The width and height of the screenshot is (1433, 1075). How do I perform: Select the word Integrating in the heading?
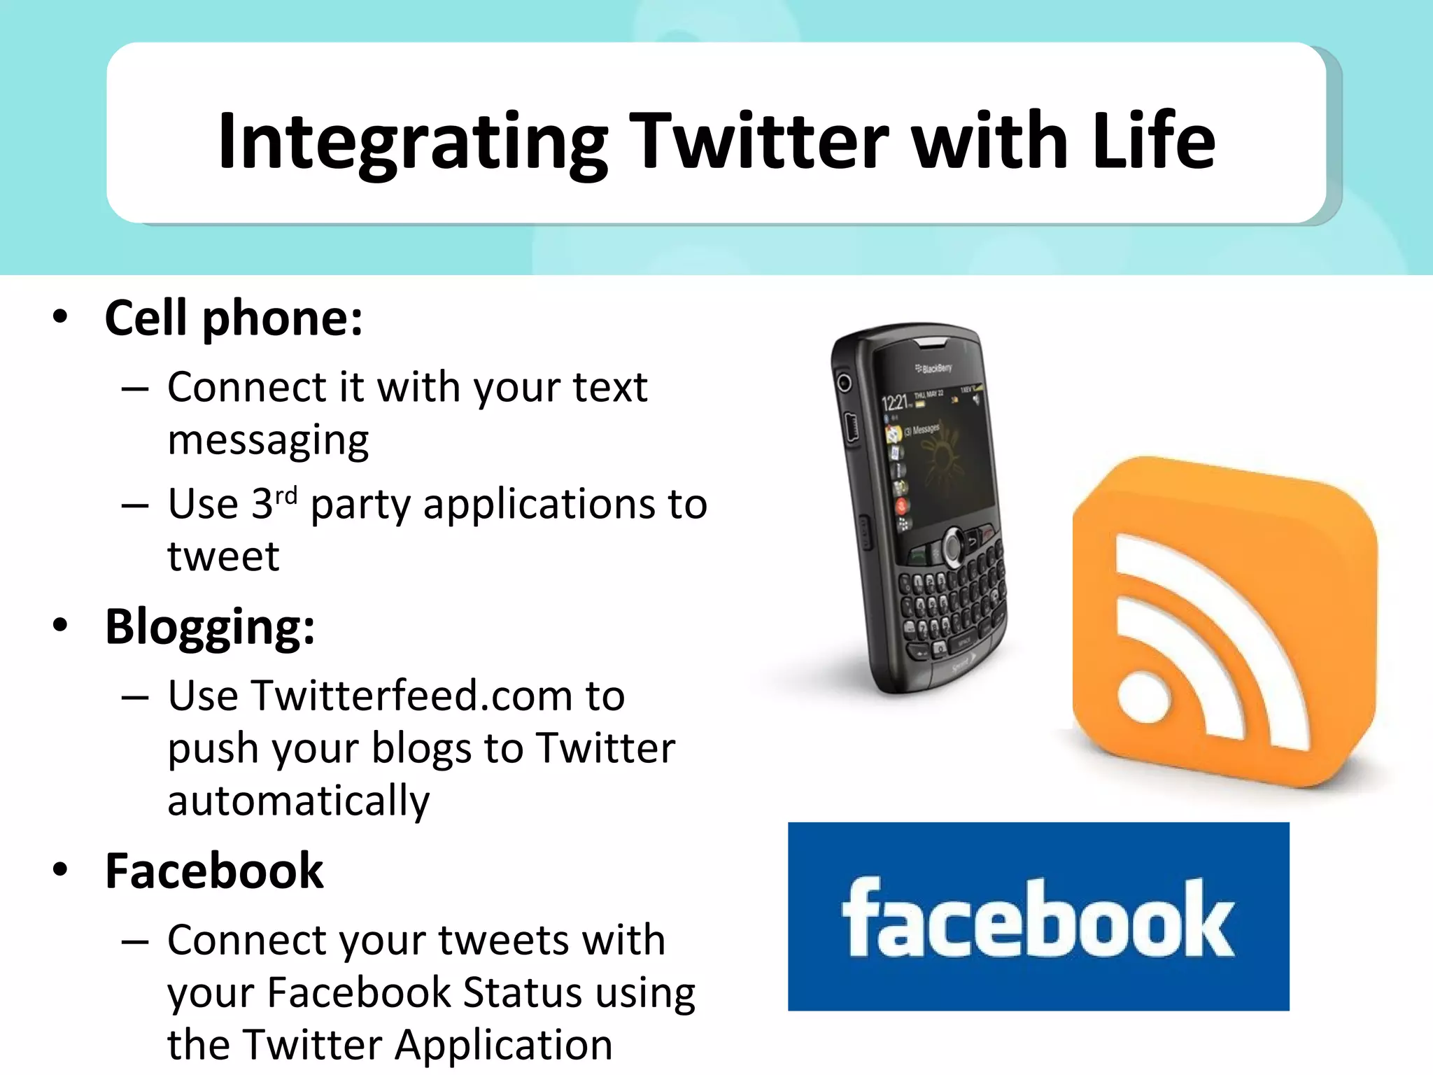click(413, 143)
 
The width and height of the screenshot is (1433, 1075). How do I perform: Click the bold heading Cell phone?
click(234, 319)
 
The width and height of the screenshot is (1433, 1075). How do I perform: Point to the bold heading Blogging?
click(210, 627)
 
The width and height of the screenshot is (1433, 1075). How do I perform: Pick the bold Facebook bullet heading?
click(214, 871)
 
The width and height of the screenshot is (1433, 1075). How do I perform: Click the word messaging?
click(268, 441)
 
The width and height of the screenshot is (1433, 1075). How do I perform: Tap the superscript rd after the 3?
click(285, 496)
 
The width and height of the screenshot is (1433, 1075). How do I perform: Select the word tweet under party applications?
click(223, 557)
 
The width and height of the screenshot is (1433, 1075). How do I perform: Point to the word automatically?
click(299, 801)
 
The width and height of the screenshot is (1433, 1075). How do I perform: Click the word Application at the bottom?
click(503, 1046)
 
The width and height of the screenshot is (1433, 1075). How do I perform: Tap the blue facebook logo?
click(1038, 916)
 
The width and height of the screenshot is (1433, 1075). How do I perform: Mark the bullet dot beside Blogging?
click(61, 624)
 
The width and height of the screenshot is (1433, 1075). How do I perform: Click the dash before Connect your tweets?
click(134, 941)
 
